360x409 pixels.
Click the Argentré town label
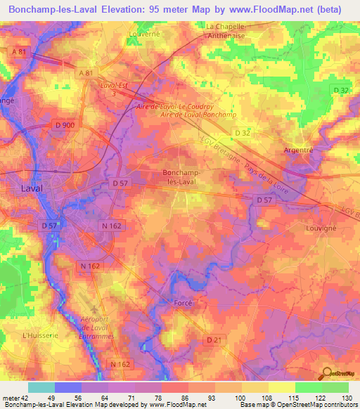[x=297, y=150]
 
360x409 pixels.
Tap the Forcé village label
[x=183, y=302]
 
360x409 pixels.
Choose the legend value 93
[x=201, y=398]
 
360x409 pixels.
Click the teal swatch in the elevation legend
[x=41, y=387]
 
